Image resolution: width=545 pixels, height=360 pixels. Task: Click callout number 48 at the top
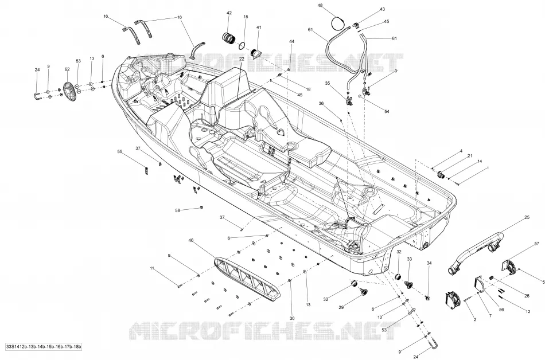click(x=320, y=5)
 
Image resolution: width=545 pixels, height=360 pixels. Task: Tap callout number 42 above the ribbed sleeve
click(x=229, y=13)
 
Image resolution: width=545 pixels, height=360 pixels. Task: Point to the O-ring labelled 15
click(x=243, y=45)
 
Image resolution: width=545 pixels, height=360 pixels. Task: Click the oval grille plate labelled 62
click(x=71, y=92)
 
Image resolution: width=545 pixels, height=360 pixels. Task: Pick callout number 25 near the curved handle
click(x=527, y=217)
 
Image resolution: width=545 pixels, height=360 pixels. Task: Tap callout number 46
click(x=191, y=240)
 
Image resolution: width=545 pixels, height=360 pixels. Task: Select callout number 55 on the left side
click(x=120, y=152)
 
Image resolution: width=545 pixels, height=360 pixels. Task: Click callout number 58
click(x=178, y=210)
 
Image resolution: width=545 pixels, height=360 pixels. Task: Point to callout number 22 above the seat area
click(x=242, y=59)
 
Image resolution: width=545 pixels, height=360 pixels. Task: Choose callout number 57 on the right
click(x=536, y=244)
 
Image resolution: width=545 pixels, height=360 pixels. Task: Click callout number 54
click(x=387, y=111)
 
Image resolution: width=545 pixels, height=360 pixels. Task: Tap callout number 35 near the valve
click(x=328, y=83)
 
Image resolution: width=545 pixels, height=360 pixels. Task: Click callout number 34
click(x=429, y=263)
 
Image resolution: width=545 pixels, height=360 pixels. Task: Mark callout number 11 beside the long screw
click(x=152, y=268)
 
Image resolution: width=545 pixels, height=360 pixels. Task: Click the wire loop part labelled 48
click(x=339, y=24)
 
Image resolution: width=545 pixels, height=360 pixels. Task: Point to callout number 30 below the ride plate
click(x=292, y=318)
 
